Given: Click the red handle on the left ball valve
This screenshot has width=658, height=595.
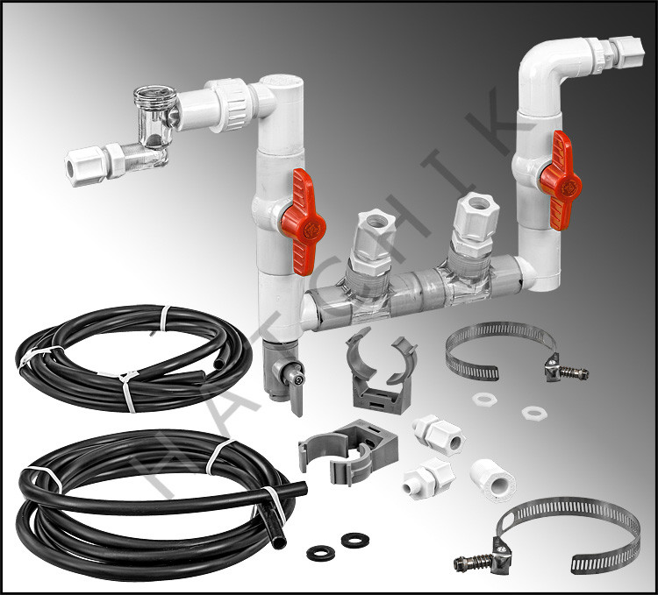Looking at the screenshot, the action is coord(303,221).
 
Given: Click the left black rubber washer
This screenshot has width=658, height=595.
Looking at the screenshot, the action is coord(320,553).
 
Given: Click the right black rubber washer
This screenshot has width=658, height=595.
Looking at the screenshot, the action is coord(355,540).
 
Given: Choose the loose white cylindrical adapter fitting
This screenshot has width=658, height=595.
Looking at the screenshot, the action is coord(493,480).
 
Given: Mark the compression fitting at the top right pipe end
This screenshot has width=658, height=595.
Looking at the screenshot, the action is coord(626,53).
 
